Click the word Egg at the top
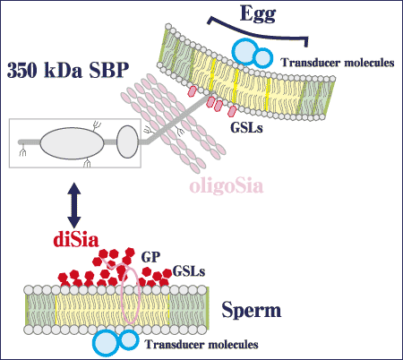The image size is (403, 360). coord(258,14)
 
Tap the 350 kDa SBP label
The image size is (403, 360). coord(68,71)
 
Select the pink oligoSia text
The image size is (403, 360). coord(227,186)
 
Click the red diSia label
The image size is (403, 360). coord(76,239)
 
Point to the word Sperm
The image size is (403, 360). coord(252,311)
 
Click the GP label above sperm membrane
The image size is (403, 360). coord(150,257)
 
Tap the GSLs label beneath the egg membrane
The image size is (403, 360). coord(246,128)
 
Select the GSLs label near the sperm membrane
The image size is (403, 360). coord(189,271)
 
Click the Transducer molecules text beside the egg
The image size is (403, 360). coord(338,63)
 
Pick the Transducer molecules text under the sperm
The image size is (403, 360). coord(201,344)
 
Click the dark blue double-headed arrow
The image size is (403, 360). coord(74,205)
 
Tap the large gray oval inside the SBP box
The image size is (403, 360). coord(72,143)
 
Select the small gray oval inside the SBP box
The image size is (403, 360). coord(127,141)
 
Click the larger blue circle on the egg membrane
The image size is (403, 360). coord(245,52)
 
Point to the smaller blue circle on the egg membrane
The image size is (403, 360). coord(263,58)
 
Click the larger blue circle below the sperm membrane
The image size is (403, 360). coord(107,343)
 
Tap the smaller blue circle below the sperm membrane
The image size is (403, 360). coord(129,339)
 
